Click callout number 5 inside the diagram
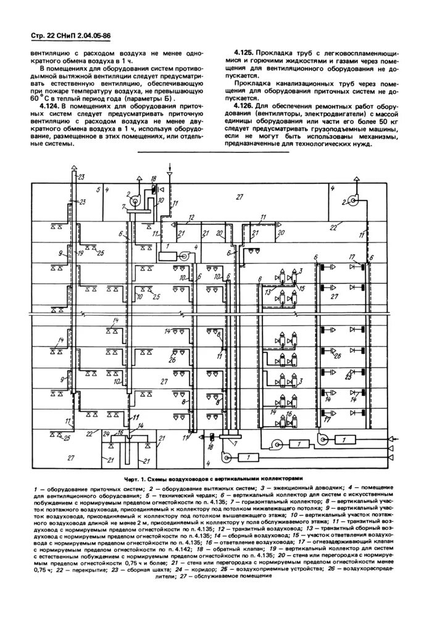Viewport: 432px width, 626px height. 98,187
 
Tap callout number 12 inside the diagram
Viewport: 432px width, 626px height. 192,218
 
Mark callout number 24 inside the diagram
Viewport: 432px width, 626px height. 106,432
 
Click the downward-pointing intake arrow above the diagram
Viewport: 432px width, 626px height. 170,169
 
